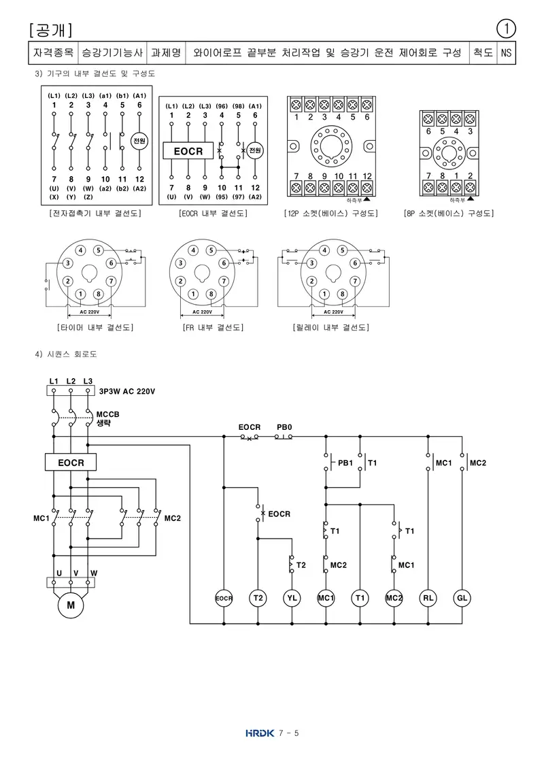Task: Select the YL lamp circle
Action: [292, 598]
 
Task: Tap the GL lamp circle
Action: [462, 598]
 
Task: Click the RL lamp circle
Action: [428, 598]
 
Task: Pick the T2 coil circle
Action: [258, 598]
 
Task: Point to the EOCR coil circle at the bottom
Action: [224, 598]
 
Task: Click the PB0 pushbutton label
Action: [284, 427]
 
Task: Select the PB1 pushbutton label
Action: [345, 463]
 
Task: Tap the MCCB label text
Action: [107, 414]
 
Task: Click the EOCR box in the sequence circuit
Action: [71, 463]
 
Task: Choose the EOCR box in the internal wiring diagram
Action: [188, 151]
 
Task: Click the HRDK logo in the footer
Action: [260, 733]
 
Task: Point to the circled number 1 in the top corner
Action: [506, 29]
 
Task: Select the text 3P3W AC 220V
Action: [127, 391]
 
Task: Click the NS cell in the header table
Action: [506, 52]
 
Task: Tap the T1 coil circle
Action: [360, 598]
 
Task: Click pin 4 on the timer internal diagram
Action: [80, 250]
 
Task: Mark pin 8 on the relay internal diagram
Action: [342, 295]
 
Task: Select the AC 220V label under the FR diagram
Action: [202, 312]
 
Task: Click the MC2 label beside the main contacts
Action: [172, 518]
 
